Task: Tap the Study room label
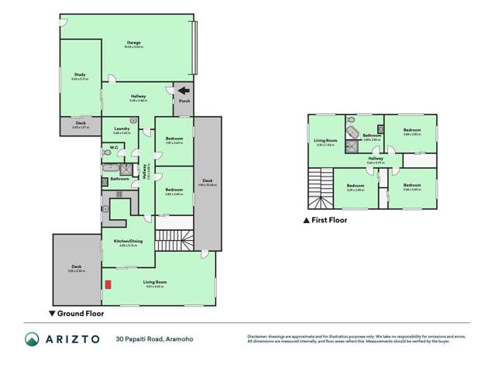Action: (x=80, y=74)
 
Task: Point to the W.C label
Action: (x=113, y=147)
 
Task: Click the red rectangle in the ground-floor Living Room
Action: (x=108, y=283)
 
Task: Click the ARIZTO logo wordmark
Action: (x=76, y=338)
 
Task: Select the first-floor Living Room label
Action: (x=325, y=141)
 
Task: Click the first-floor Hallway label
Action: (x=376, y=159)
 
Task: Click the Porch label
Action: (x=184, y=101)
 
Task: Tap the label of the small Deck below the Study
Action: (x=81, y=123)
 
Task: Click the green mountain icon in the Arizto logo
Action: (x=32, y=338)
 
